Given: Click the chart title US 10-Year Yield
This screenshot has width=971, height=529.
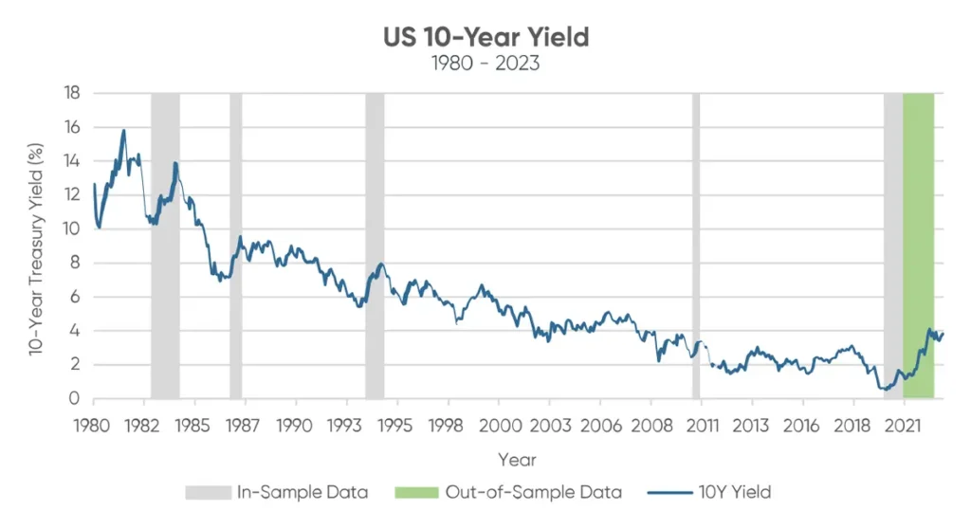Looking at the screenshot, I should point(486,37).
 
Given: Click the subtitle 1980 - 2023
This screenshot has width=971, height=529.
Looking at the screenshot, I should point(486,64).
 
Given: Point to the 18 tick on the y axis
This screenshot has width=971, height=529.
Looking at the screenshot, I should point(72,93).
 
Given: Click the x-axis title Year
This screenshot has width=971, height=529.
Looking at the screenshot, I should point(517,460).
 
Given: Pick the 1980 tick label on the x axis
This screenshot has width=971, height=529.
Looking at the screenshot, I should point(93,424).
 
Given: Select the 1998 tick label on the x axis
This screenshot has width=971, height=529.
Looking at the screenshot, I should point(449,424).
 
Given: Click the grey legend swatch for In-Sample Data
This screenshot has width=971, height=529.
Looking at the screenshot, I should point(208,493).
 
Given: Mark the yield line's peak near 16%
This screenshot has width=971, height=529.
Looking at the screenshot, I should point(123,131).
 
